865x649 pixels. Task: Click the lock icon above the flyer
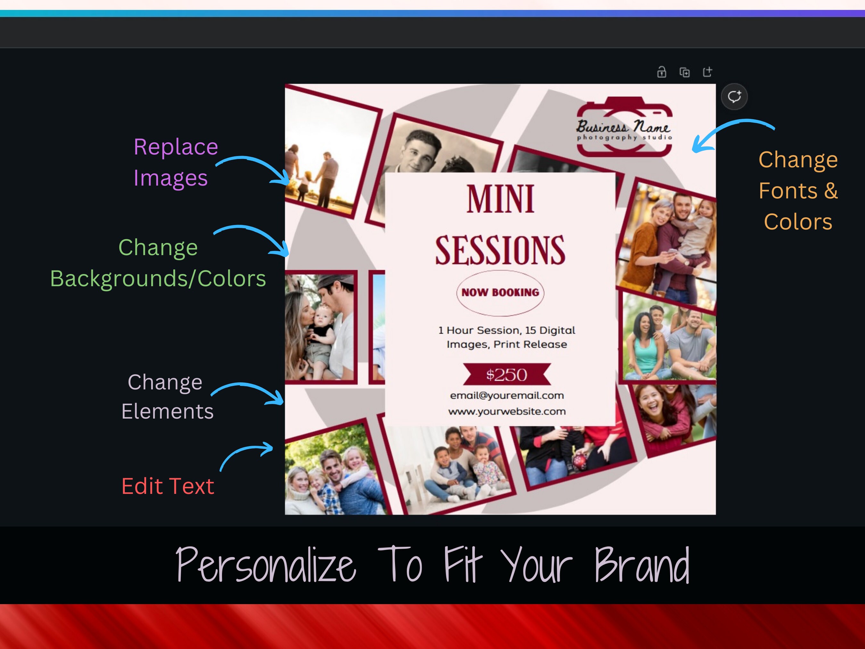(x=661, y=72)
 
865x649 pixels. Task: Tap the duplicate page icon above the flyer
(x=684, y=72)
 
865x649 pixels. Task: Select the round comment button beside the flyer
(x=734, y=96)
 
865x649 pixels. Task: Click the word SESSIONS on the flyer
(x=500, y=250)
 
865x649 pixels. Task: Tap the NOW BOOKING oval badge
(x=500, y=293)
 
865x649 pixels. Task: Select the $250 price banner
(x=507, y=375)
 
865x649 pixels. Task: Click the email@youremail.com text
(x=507, y=395)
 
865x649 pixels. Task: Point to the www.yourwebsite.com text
(x=507, y=412)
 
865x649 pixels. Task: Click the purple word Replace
(x=176, y=147)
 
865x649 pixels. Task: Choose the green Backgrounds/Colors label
(x=158, y=279)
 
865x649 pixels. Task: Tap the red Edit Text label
(x=168, y=486)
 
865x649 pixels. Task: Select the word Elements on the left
(x=167, y=412)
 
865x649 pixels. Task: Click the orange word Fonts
(x=788, y=191)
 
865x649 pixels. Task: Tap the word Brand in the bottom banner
(x=642, y=565)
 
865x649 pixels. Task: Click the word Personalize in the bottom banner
(x=266, y=565)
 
